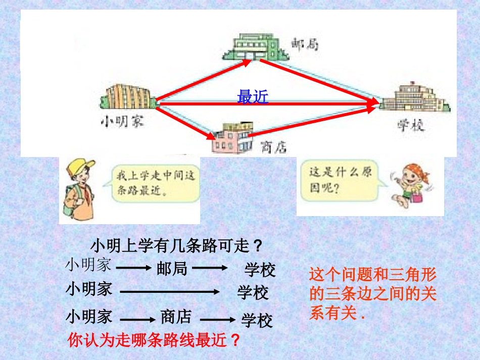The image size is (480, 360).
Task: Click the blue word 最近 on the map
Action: pyautogui.click(x=253, y=97)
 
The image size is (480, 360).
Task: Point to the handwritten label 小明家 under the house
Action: pyautogui.click(x=122, y=122)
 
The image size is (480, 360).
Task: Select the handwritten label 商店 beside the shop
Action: pyautogui.click(x=273, y=146)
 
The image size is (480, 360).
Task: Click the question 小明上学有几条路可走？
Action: pyautogui.click(x=177, y=246)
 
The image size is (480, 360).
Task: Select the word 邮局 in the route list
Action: pyautogui.click(x=172, y=269)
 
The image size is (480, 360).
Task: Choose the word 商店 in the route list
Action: pyautogui.click(x=176, y=317)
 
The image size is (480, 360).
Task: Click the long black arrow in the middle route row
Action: pyautogui.click(x=169, y=291)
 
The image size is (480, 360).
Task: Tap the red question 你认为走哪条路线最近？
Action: pyautogui.click(x=154, y=340)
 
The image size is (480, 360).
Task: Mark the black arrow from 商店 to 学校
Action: pyautogui.click(x=218, y=319)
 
